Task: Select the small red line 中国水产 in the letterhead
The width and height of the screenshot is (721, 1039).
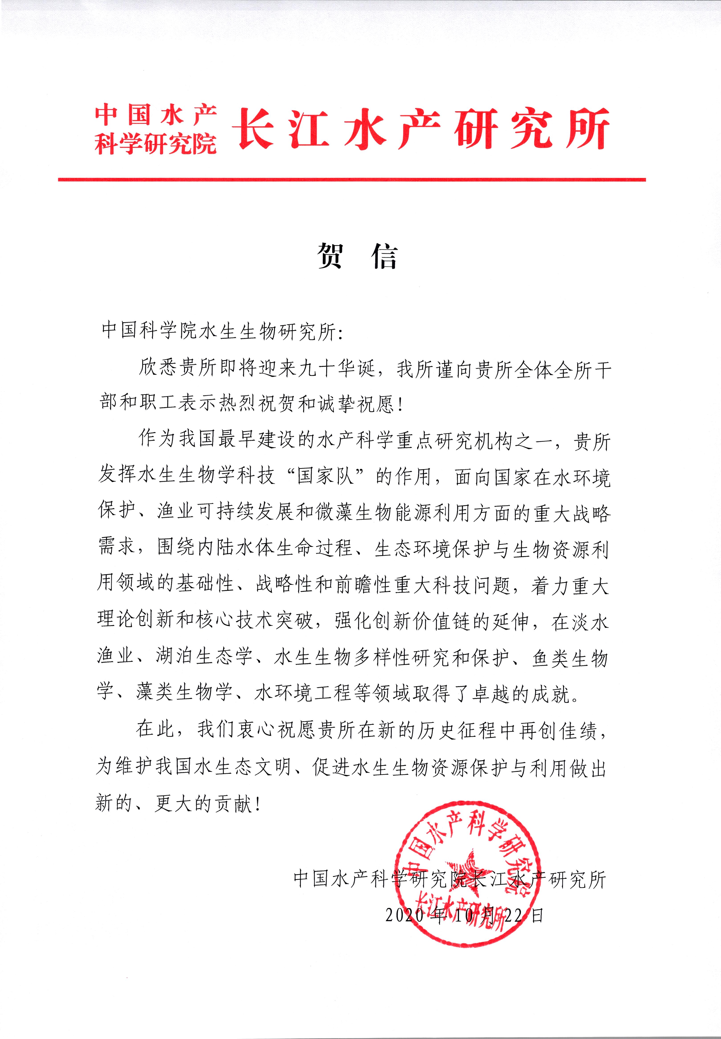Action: click(155, 114)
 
